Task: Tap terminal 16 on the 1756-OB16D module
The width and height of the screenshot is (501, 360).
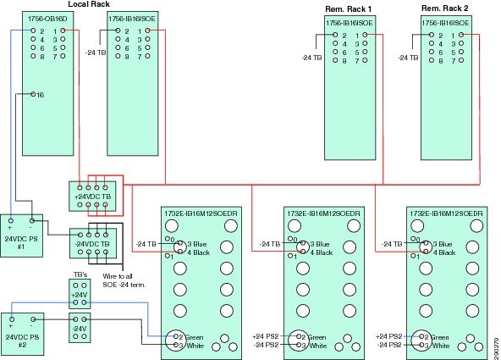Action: click(x=39, y=95)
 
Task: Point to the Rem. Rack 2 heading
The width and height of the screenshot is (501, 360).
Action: click(x=443, y=8)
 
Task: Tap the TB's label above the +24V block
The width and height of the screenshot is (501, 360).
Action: click(x=81, y=275)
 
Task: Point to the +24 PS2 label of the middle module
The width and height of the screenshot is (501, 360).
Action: click(x=267, y=337)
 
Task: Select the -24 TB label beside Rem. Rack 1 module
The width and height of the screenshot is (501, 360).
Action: click(x=312, y=58)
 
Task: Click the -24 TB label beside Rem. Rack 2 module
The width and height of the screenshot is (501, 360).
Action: click(x=409, y=58)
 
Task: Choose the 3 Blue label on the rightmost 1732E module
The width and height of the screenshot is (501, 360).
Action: click(x=444, y=244)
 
